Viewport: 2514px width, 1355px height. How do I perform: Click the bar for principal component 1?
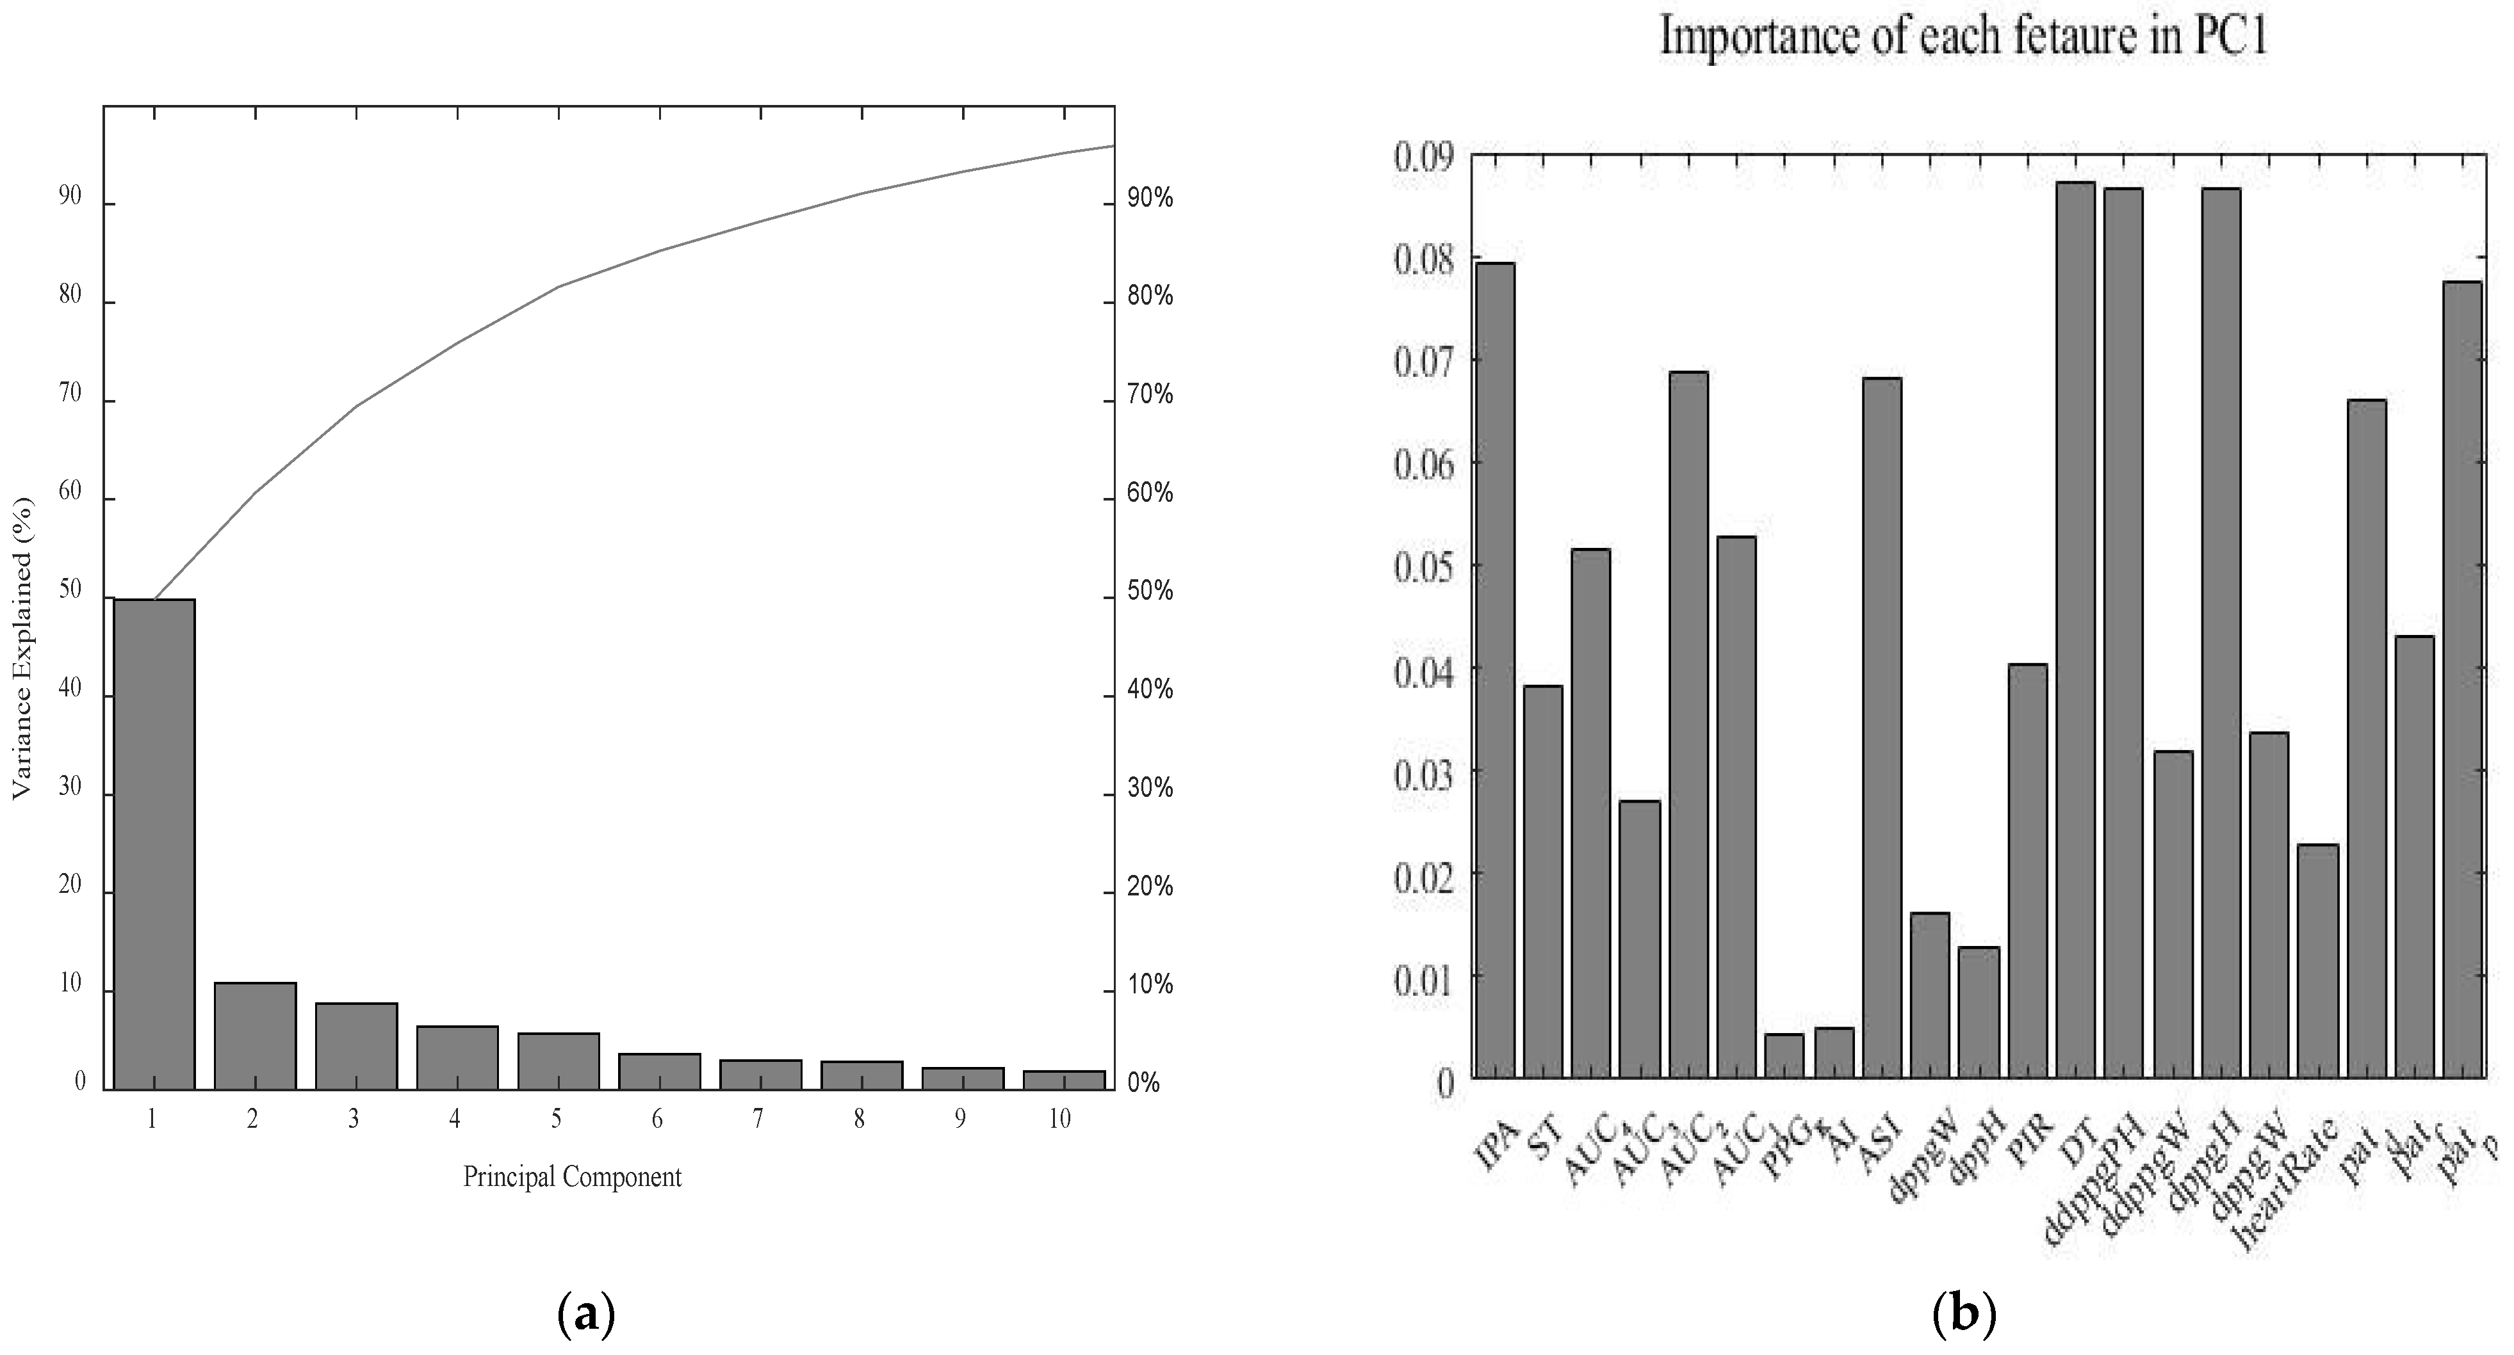(x=154, y=843)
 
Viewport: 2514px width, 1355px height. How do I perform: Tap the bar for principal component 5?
(x=559, y=1061)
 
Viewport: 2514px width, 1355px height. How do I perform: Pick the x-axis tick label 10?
(x=1060, y=1119)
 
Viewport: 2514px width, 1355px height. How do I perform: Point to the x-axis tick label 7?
(x=757, y=1119)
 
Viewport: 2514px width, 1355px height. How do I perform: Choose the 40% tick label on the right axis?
(x=1150, y=691)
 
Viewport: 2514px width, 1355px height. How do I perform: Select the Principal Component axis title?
(x=572, y=1176)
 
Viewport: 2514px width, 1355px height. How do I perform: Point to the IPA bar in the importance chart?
(x=1495, y=670)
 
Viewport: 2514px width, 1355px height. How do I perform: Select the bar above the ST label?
(x=1543, y=882)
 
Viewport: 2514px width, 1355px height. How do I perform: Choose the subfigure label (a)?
(x=585, y=1316)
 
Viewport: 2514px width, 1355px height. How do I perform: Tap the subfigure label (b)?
(x=1964, y=1316)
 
